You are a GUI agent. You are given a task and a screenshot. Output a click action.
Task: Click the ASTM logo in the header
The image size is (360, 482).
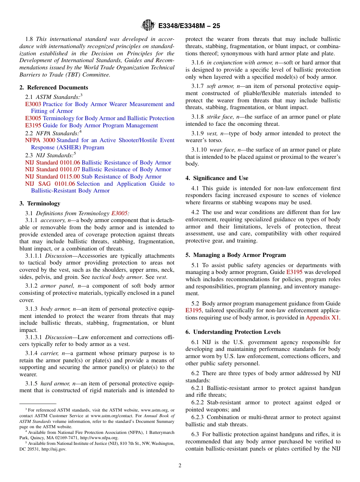(148, 25)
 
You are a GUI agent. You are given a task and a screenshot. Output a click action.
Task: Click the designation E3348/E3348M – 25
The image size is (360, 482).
(189, 26)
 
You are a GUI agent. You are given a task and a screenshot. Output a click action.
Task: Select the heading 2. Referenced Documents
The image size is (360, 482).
(54, 88)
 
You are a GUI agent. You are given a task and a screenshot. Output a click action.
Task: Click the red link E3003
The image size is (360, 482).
(33, 104)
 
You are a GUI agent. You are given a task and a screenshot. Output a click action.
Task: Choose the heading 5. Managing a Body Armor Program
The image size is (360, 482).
(236, 255)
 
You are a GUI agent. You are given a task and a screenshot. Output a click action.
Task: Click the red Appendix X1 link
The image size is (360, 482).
(322, 318)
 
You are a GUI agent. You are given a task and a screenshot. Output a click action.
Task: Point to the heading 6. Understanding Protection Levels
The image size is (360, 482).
(233, 332)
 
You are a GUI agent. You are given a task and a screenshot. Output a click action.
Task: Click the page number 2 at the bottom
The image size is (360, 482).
(180, 466)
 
